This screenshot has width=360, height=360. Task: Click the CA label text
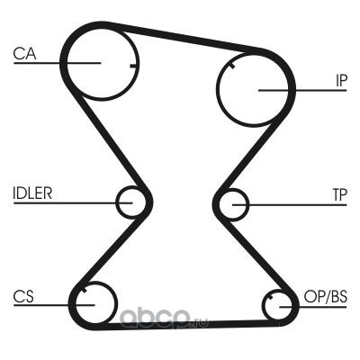click(x=24, y=54)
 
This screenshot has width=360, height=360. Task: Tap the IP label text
click(x=341, y=80)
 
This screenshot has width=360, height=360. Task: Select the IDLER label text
click(x=32, y=193)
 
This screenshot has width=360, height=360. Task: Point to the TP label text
click(x=339, y=195)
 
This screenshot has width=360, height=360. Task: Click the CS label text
click(x=23, y=296)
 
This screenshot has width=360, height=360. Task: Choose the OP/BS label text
click(x=326, y=297)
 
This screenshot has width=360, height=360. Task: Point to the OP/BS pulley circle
click(x=264, y=305)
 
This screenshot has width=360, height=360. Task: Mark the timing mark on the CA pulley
click(x=133, y=66)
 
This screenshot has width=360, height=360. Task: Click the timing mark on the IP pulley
click(x=231, y=66)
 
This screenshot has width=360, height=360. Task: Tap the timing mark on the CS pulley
click(x=84, y=290)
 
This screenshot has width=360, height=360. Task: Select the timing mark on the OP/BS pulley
click(x=271, y=298)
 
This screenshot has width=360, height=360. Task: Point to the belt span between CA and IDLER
click(x=110, y=141)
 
